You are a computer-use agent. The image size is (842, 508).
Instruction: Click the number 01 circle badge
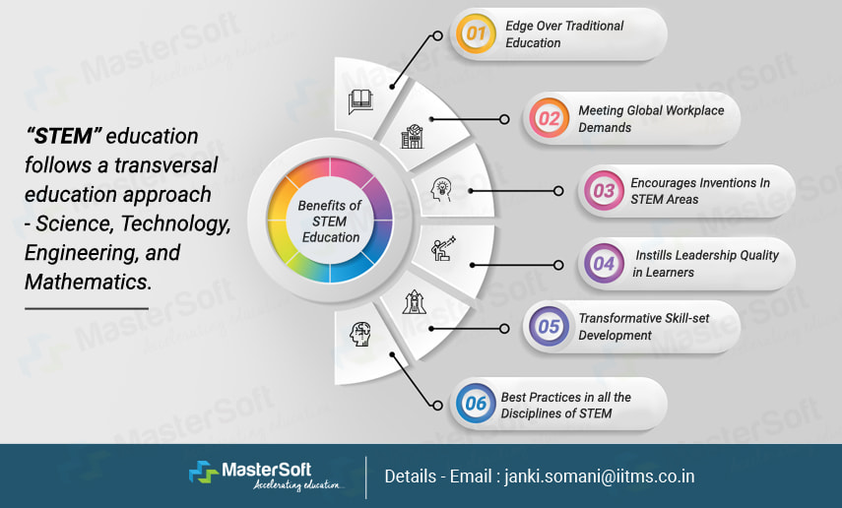477,34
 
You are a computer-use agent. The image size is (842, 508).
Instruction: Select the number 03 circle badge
603,191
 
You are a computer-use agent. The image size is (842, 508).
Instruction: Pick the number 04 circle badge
603,263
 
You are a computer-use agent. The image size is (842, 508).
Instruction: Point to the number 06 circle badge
477,405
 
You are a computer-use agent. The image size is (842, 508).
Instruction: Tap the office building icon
411,137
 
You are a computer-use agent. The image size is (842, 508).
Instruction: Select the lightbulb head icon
442,189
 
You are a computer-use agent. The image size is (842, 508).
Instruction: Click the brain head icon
360,335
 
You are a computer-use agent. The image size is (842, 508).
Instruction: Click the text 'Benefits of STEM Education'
331,221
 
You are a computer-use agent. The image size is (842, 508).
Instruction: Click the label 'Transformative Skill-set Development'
643,327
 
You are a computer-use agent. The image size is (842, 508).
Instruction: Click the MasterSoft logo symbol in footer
205,473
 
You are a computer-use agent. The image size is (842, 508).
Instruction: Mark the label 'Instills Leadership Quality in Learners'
705,263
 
